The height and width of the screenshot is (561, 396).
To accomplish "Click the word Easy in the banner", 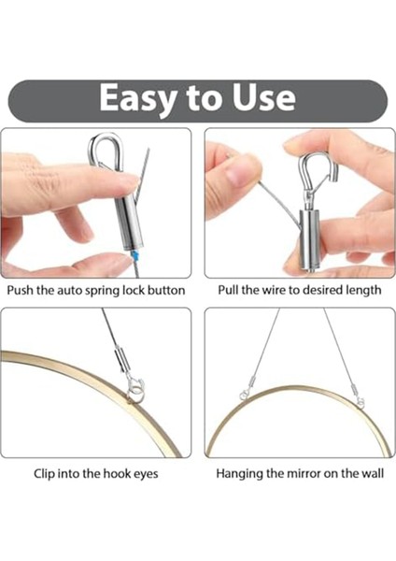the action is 137,98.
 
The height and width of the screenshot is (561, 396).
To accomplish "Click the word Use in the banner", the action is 264,97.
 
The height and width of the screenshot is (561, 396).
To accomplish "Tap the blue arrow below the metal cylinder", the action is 134,255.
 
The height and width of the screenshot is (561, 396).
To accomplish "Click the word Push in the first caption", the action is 21,290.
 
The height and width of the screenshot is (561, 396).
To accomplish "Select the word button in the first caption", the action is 166,290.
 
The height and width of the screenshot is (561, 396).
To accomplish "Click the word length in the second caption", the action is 363,290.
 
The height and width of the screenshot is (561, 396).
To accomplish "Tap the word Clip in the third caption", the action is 44,474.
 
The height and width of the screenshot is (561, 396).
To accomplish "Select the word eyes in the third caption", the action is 146,474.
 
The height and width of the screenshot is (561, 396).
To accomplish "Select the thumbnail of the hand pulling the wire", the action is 300,203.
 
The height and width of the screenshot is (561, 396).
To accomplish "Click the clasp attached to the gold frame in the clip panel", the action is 135,387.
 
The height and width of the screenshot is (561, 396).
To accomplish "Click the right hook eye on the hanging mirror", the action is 361,402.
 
